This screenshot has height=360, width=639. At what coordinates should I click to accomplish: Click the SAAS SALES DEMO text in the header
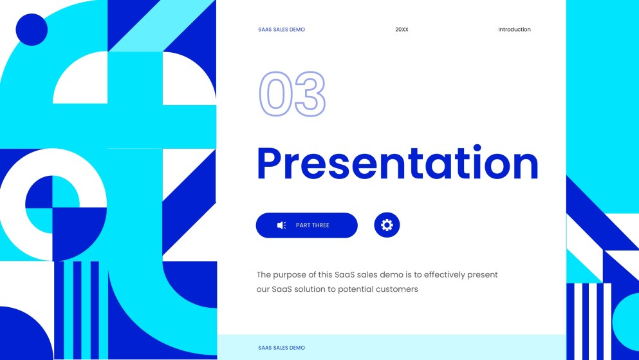coord(281,30)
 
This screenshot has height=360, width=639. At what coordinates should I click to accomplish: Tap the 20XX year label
coord(402,30)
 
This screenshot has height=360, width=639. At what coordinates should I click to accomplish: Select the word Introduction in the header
coord(514,30)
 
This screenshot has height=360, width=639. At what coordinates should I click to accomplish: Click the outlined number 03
coord(292,94)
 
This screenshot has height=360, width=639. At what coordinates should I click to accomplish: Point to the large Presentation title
coord(397,164)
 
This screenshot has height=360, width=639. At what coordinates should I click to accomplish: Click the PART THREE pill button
coord(306,225)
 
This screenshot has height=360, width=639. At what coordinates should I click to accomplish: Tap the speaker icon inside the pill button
coord(281,225)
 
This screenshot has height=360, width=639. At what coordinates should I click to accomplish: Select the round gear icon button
coord(387,225)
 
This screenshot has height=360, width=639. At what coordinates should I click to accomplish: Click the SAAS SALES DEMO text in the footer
coord(281,348)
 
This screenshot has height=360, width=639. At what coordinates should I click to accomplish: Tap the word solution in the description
coord(310,290)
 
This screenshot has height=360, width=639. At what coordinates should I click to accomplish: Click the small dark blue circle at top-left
coord(32,29)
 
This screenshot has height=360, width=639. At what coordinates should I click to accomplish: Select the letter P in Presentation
coord(270,164)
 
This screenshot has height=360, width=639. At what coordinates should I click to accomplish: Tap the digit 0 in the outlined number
coord(275,94)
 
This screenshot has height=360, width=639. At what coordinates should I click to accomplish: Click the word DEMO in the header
coord(297,30)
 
